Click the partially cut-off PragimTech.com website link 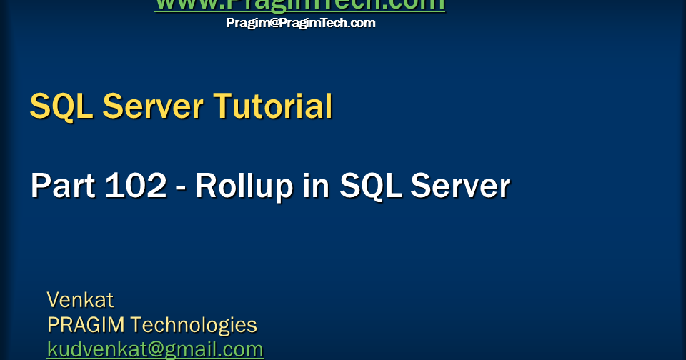click(300, 5)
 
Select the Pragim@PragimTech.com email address click(300, 23)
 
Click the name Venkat click(80, 299)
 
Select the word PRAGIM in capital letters click(86, 325)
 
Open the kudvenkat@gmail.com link click(155, 349)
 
